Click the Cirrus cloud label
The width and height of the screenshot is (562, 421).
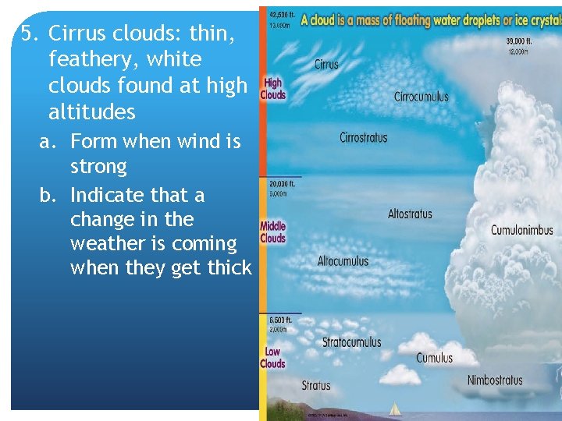tap(326, 64)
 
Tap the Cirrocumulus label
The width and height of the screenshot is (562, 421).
tap(421, 97)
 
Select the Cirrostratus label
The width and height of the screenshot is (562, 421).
tap(363, 138)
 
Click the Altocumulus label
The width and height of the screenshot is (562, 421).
tap(343, 261)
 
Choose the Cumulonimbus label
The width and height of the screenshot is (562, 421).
tap(521, 230)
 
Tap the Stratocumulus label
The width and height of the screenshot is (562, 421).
tap(351, 342)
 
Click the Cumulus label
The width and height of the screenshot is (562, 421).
tap(434, 359)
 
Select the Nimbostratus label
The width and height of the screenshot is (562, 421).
tap(494, 380)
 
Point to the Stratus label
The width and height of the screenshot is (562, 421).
tap(316, 385)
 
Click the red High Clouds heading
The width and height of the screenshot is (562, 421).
tap(272, 89)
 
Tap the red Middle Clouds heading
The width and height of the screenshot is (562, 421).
tap(272, 232)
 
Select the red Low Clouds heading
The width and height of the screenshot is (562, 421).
tap(272, 358)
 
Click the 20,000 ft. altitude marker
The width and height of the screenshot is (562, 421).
tap(282, 185)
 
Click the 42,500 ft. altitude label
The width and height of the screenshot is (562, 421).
tap(282, 14)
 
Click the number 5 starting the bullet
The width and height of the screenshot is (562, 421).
tap(28, 34)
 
